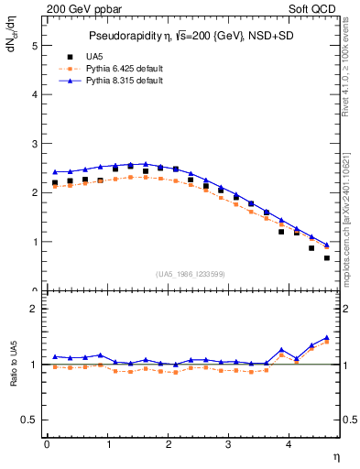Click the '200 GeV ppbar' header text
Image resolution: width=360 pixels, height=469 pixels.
click(85, 11)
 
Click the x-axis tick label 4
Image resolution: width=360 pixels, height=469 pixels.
click(289, 446)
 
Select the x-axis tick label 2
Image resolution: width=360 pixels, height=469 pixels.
click(169, 446)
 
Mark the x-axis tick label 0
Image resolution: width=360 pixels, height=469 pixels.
click(47, 446)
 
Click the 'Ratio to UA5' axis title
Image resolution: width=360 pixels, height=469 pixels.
click(12, 364)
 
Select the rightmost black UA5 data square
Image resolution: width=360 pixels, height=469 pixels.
click(327, 258)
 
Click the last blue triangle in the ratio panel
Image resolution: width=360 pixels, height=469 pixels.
click(327, 338)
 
